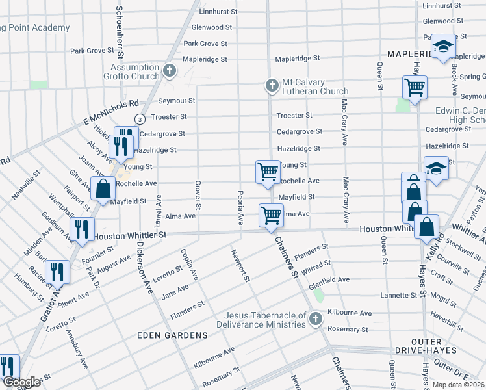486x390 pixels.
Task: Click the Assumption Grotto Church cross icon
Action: [x=170, y=71]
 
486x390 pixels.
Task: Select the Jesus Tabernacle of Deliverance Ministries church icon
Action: [x=316, y=318]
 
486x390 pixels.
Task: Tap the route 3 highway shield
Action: [x=140, y=118]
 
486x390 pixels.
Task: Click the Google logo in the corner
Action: [x=21, y=382]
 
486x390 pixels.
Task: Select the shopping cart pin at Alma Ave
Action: [x=271, y=215]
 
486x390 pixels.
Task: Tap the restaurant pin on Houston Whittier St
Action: [x=81, y=229]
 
